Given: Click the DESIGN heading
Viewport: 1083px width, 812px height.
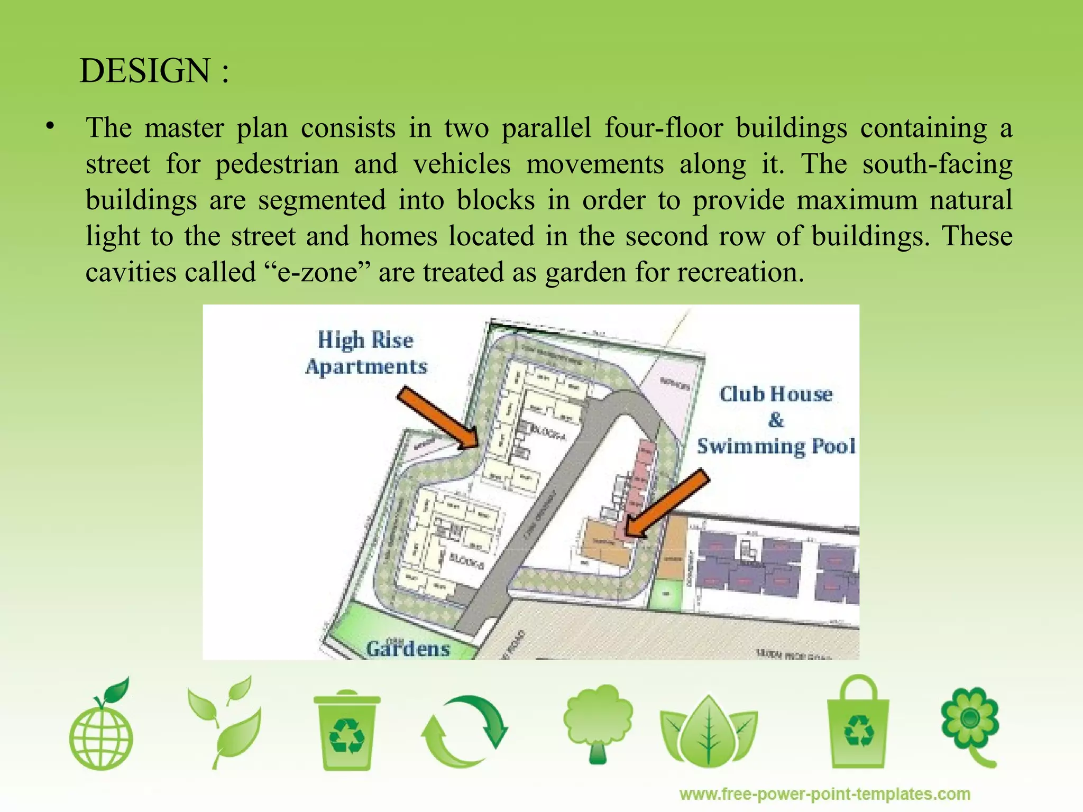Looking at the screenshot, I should point(154,71).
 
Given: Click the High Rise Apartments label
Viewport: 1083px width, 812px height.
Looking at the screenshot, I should point(366,353).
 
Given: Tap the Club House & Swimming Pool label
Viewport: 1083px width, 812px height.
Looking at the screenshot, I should point(776,420).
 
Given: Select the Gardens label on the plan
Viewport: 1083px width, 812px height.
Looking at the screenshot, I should point(408,649).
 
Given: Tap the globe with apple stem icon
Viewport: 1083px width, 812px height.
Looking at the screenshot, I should point(102,724).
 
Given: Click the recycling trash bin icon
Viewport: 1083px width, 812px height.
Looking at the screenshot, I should point(346,730).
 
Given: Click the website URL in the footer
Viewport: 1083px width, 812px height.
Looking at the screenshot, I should point(825,794).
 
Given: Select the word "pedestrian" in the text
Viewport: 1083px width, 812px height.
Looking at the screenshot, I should point(277,164).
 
